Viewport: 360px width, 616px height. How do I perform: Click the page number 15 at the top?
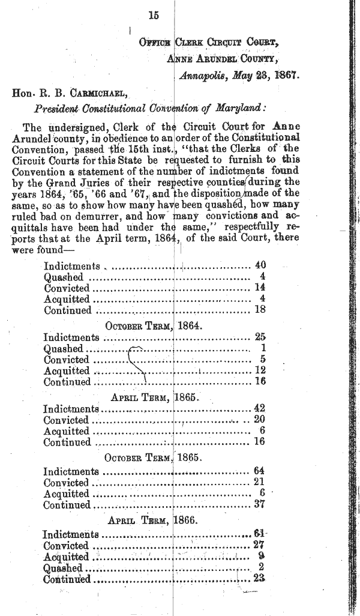point(154,16)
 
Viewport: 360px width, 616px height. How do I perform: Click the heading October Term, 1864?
point(154,327)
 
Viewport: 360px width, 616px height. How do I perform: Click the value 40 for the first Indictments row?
point(260,265)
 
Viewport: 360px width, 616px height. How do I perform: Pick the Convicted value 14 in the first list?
point(260,288)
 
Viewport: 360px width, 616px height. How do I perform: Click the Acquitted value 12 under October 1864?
point(260,370)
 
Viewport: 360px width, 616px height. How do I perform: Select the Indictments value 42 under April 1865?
point(259,409)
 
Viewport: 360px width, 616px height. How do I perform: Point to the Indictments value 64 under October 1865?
point(259,471)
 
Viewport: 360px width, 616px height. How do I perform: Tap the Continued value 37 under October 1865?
point(259,505)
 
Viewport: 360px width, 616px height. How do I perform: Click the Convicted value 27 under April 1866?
point(259,546)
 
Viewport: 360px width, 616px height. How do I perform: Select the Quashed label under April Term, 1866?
point(62,568)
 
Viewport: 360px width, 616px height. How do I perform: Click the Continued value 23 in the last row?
point(259,579)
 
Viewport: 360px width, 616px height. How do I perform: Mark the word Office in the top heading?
point(153,43)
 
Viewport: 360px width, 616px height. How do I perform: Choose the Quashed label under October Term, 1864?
point(63,349)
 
